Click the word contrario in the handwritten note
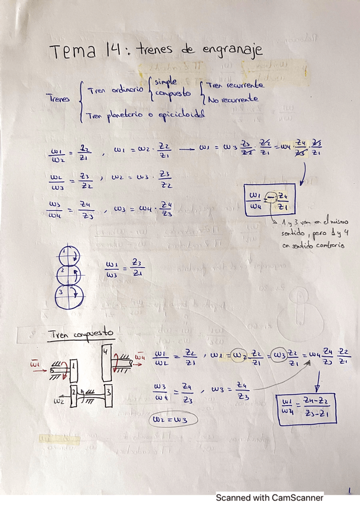point(327,244)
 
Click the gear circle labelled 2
point(72,274)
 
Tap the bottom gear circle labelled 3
point(70,294)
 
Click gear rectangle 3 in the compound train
point(110,395)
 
